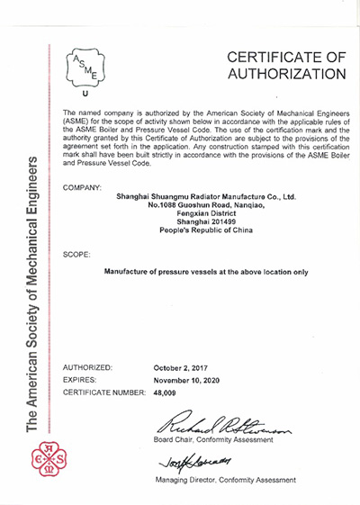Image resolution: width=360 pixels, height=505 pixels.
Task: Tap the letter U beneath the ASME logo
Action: (x=85, y=94)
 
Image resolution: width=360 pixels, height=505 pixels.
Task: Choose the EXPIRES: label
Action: (x=82, y=380)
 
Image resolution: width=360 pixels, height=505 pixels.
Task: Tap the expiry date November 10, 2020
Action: (x=191, y=380)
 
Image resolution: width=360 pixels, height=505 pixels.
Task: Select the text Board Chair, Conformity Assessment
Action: (x=224, y=439)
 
